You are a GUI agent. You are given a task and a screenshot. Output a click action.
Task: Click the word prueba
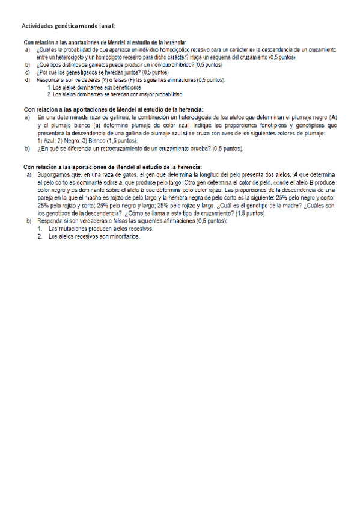pyautogui.click(x=198, y=147)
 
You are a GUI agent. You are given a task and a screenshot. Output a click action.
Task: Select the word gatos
pyautogui.click(x=127, y=174)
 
